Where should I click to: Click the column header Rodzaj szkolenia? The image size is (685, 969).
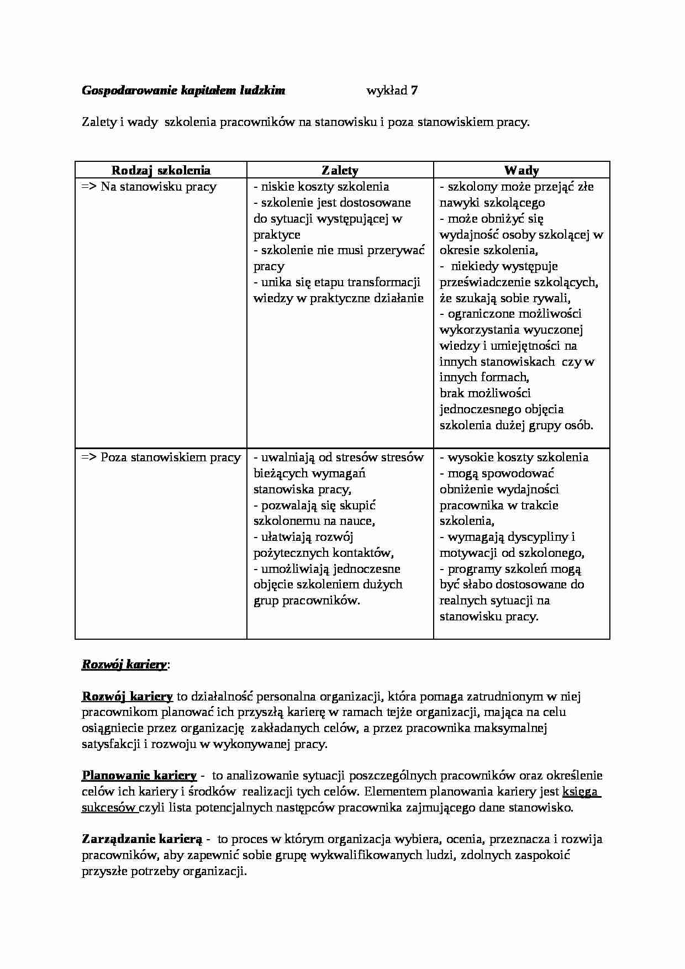[161, 170]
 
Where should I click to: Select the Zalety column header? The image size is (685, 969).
[340, 170]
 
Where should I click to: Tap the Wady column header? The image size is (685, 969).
[521, 170]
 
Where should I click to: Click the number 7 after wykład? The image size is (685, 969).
[414, 91]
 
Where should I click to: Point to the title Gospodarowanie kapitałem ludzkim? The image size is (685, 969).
[183, 91]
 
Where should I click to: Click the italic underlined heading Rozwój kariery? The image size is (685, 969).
[124, 665]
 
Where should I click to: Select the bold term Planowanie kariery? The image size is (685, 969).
[139, 776]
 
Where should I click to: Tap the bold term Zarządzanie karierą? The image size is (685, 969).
[143, 839]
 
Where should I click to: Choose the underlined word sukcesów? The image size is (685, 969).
[109, 808]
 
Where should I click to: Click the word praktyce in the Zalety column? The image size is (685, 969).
[277, 235]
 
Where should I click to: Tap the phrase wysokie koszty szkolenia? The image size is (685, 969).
[518, 457]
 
